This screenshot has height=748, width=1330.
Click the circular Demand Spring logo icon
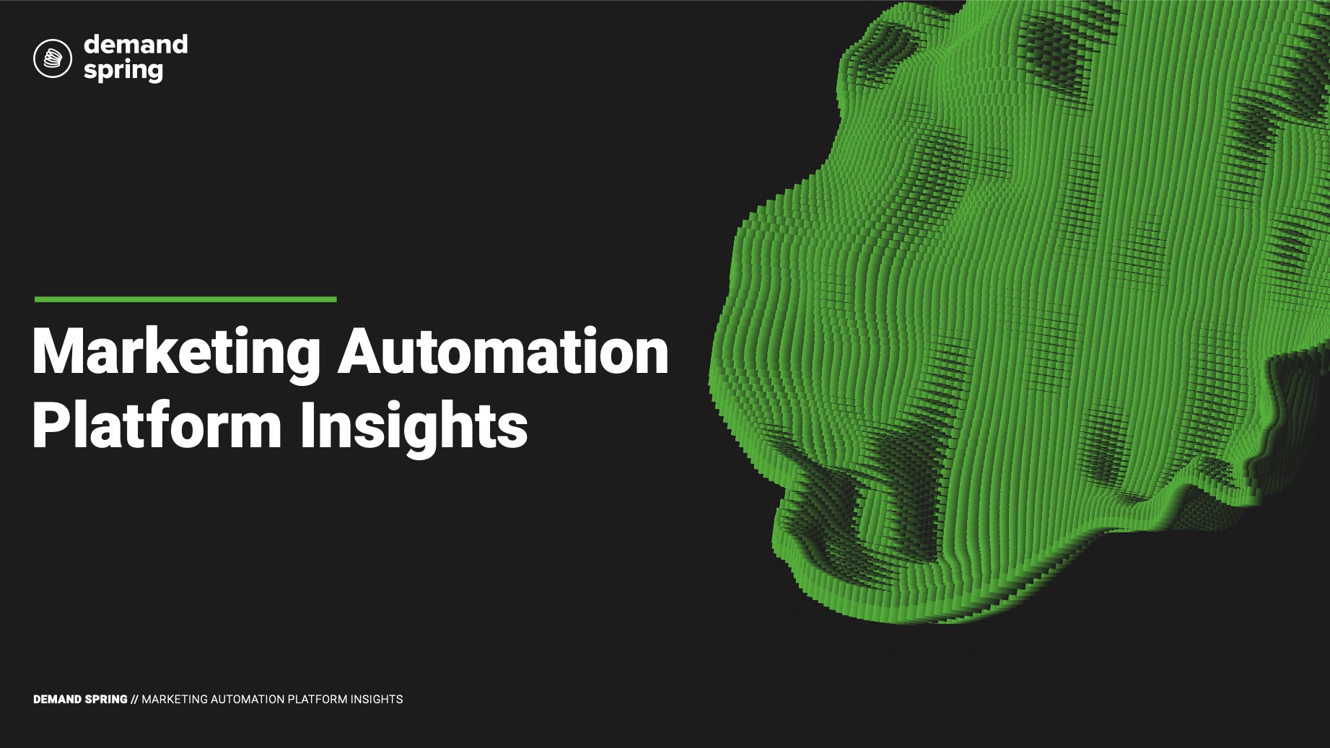pos(53,58)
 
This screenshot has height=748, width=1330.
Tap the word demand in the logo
pos(136,44)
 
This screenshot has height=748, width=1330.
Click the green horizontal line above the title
pos(185,299)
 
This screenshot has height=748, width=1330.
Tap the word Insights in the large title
pos(414,428)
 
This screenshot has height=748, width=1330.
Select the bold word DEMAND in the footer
pos(58,700)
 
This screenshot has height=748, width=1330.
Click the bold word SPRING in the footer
pos(107,700)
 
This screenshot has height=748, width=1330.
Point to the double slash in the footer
pos(135,700)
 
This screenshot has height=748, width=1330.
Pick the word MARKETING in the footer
pos(174,700)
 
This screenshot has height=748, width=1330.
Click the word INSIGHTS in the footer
pos(377,700)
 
